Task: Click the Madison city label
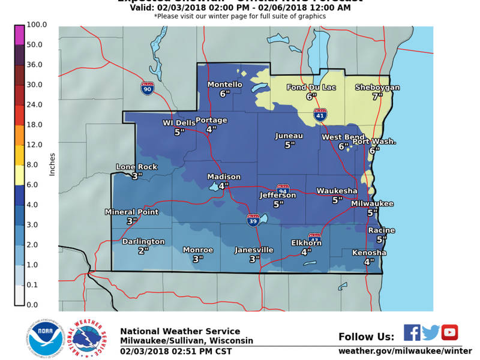click(224, 177)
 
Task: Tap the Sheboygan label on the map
click(377, 88)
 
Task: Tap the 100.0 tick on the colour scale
click(34, 25)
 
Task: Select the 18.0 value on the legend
click(34, 125)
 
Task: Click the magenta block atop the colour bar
click(19, 35)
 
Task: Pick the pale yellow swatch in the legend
click(19, 175)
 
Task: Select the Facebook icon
click(412, 332)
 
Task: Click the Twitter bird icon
click(430, 332)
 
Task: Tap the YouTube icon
click(449, 332)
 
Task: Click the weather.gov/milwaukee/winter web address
click(405, 350)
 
